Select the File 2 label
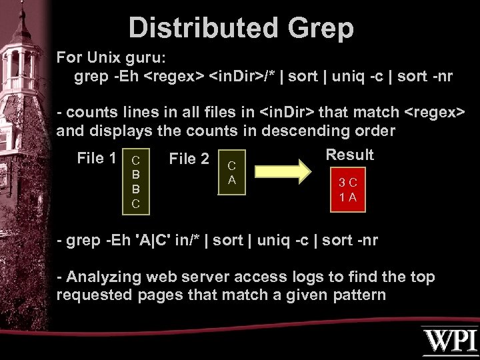[x=189, y=159]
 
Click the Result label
[x=349, y=155]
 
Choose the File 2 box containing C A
[x=232, y=171]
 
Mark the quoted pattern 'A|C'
[x=159, y=240]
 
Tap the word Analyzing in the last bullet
[x=107, y=277]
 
